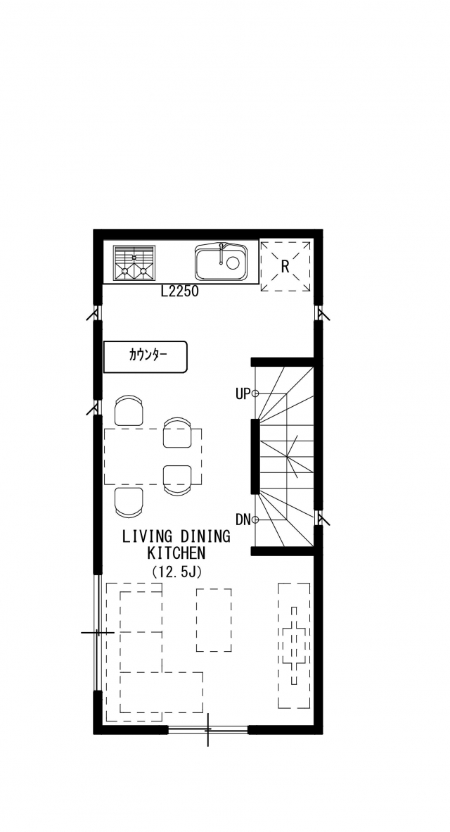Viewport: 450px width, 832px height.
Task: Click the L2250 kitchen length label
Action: (180, 291)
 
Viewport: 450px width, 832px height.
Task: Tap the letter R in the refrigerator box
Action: (285, 266)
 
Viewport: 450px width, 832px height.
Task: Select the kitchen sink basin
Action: (221, 262)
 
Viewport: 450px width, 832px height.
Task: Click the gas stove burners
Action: (134, 263)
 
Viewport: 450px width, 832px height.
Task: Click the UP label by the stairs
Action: (242, 393)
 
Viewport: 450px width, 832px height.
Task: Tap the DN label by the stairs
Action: (243, 520)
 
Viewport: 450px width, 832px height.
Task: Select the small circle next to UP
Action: (255, 393)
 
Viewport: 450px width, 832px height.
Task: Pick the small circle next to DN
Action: (255, 519)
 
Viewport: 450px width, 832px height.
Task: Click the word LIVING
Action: (146, 536)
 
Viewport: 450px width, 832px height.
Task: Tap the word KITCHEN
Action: (176, 553)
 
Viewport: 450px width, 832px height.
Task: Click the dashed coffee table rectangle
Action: (214, 619)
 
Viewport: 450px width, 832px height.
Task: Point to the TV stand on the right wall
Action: (294, 645)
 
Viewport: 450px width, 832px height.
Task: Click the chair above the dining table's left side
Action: (129, 410)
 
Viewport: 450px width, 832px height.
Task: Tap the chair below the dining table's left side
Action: (129, 503)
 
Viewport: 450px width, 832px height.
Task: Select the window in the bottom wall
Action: (208, 730)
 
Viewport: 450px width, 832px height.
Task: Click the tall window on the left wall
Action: (98, 633)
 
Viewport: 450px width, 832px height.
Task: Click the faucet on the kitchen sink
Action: (221, 253)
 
